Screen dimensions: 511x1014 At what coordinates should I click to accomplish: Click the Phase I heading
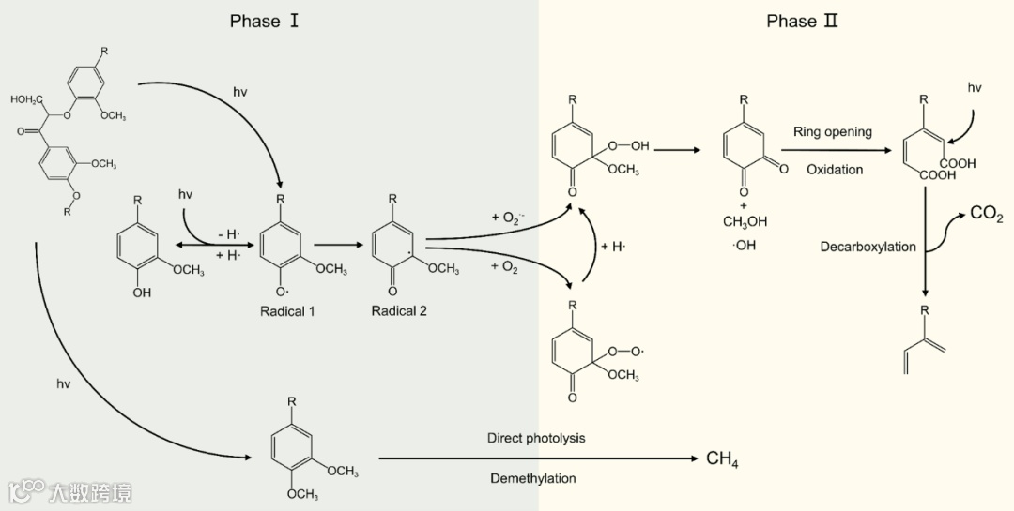(x=264, y=21)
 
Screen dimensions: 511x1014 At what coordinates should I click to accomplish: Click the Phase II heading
(x=802, y=21)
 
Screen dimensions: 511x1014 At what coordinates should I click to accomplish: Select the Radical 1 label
(x=287, y=311)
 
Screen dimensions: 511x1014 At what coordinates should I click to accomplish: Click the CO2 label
(x=986, y=215)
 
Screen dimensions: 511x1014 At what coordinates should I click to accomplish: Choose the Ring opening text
(x=832, y=132)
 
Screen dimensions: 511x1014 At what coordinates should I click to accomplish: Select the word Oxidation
(x=834, y=170)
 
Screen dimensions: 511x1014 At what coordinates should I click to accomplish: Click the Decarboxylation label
(x=868, y=247)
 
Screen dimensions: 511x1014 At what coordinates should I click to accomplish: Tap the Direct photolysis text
(x=536, y=438)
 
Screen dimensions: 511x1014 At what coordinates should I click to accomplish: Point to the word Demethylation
(x=532, y=478)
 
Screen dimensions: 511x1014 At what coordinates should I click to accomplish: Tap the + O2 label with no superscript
(x=505, y=267)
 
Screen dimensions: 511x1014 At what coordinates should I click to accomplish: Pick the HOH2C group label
(x=28, y=98)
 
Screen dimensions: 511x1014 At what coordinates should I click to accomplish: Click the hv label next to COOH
(x=975, y=87)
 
